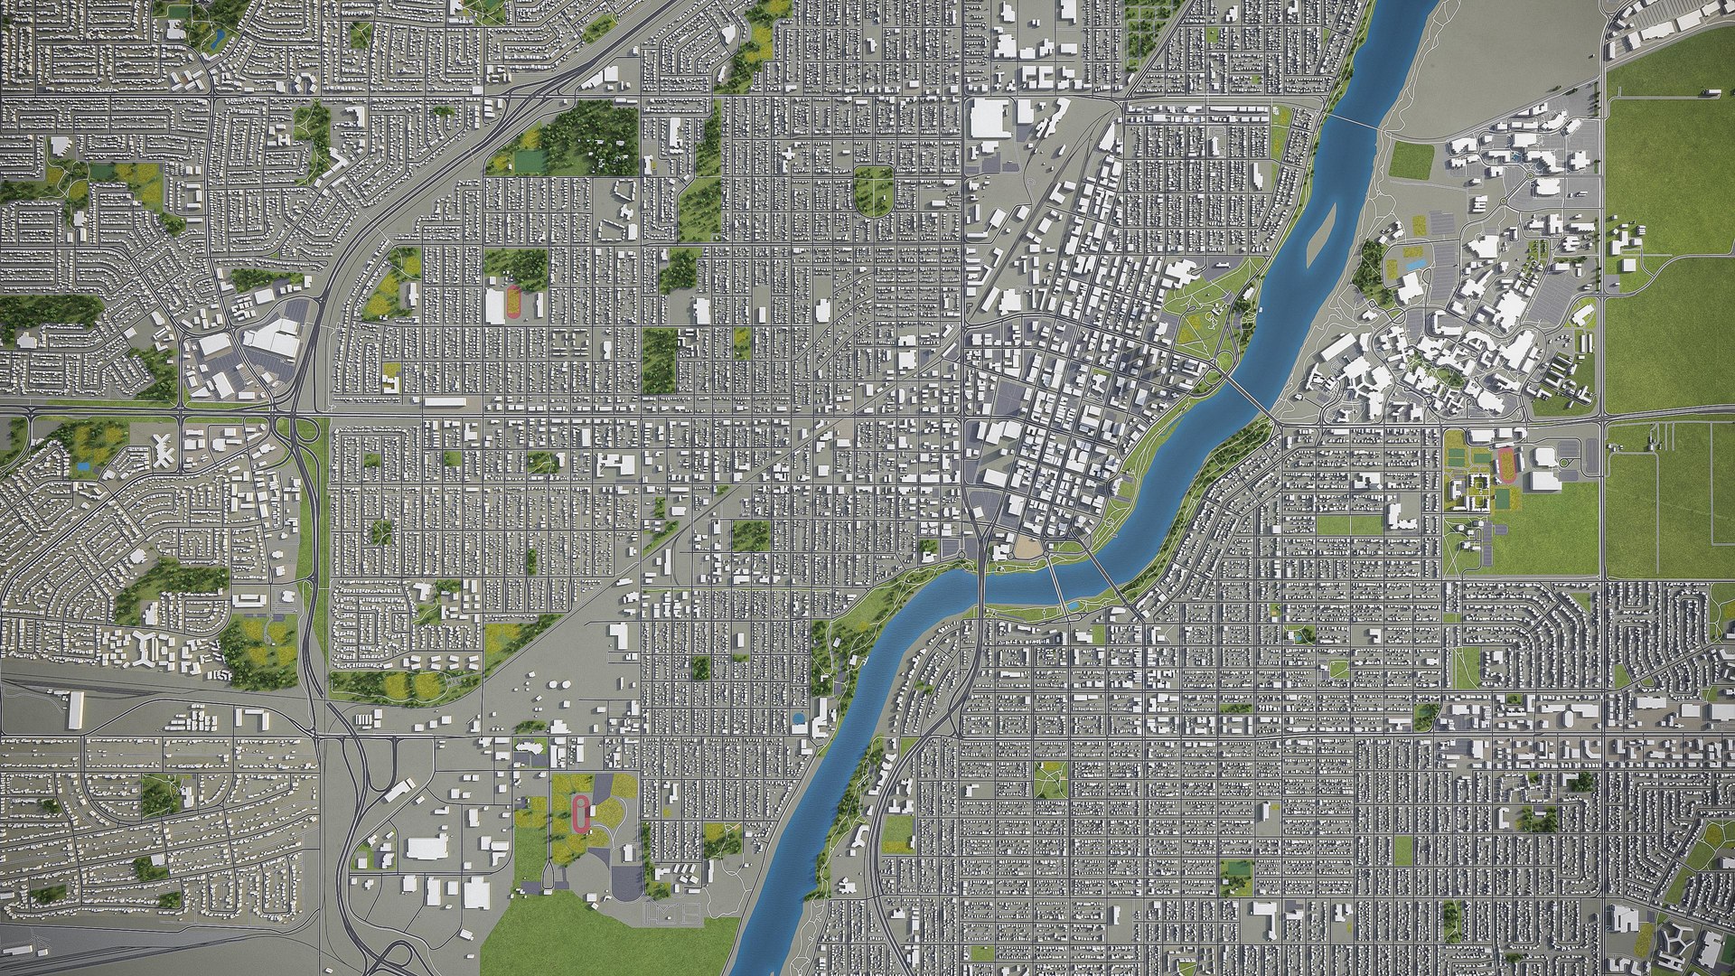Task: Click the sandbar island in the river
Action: point(1321,237)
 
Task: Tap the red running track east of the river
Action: point(1505,465)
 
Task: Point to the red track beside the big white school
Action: point(514,302)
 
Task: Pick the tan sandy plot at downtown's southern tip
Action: point(1027,546)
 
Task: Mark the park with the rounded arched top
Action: point(873,190)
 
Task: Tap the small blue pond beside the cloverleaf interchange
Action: point(84,466)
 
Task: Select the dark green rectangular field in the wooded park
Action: point(530,160)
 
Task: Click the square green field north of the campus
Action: point(1411,160)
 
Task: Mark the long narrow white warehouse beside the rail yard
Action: point(76,710)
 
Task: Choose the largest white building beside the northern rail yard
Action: point(990,118)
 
